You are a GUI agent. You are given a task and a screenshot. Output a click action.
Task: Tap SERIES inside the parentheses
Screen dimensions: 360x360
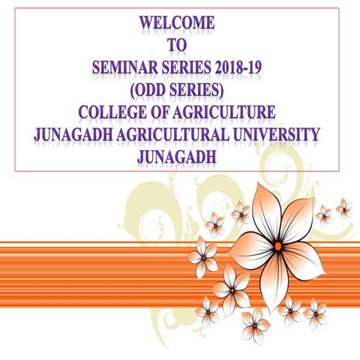click(x=192, y=91)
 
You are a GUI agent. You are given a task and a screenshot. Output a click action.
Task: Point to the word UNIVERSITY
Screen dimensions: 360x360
click(x=277, y=136)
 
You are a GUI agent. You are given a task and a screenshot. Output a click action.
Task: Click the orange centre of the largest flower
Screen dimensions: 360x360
click(x=277, y=246)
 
